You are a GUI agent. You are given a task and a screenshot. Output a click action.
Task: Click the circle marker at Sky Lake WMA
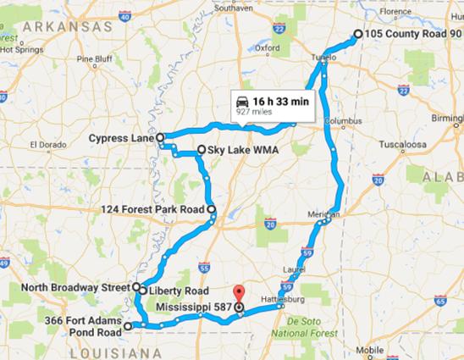tap(202, 150)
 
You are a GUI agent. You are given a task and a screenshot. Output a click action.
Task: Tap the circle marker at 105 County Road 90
tap(357, 34)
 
